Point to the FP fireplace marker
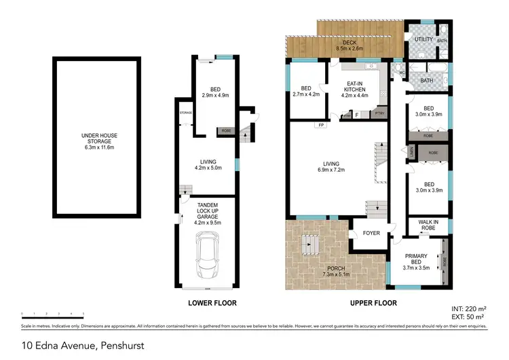tap(319, 126)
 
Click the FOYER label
tap(371, 232)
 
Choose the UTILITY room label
tap(423, 40)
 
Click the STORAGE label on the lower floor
tap(186, 113)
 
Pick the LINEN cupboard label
tap(412, 154)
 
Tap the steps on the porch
tap(311, 244)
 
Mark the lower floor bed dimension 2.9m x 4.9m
tap(216, 96)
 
